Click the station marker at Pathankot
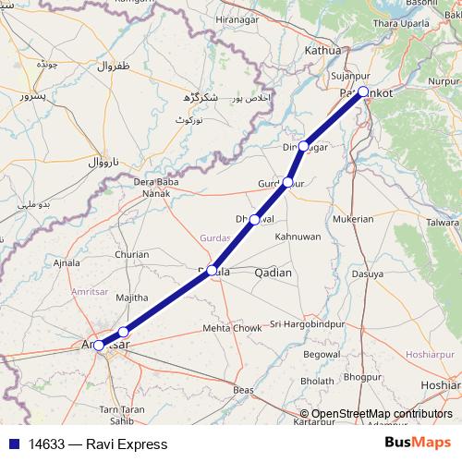point(363,91)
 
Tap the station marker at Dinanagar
point(303,146)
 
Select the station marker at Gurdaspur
point(288,182)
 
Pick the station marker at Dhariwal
point(254,220)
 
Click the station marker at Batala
point(213,270)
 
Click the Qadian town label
point(273,273)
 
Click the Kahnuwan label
point(298,237)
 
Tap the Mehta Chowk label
point(232,328)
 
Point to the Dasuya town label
point(367,274)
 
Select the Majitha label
point(132,298)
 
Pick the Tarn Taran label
point(121,408)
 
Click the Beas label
point(244,391)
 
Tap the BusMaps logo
point(419,444)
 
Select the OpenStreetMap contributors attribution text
point(381,414)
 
